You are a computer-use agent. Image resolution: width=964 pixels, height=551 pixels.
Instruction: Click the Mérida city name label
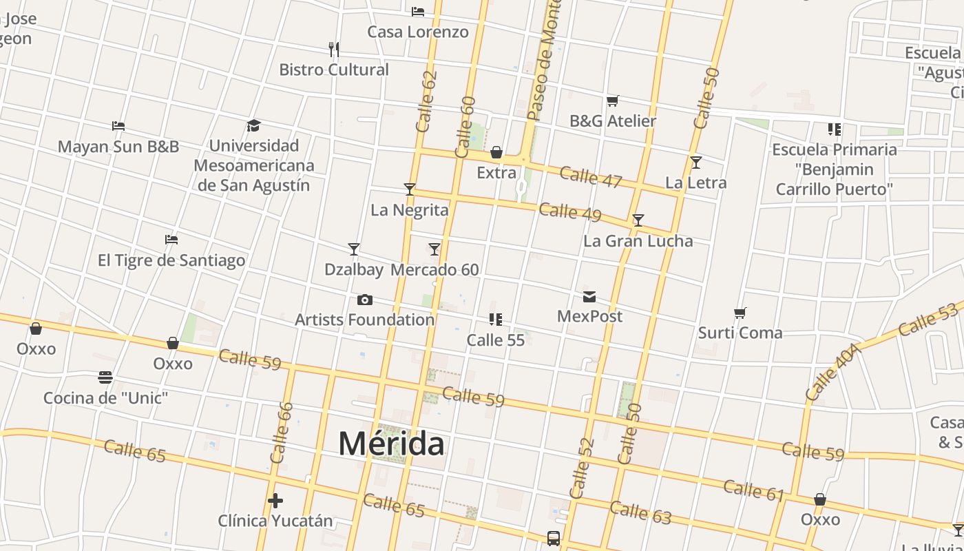391,444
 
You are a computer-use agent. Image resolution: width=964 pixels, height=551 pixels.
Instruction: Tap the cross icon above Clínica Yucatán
275,501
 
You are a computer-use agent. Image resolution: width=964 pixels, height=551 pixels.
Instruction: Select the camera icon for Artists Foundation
365,300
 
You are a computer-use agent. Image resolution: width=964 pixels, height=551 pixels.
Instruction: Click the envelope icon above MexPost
589,297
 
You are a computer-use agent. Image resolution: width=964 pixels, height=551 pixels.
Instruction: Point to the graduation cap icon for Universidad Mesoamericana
254,125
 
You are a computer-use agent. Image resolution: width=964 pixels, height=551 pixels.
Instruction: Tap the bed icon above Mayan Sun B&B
118,126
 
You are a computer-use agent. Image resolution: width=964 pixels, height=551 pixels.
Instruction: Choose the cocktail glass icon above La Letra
696,163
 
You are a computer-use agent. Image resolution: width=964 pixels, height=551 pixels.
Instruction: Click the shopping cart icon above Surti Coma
740,313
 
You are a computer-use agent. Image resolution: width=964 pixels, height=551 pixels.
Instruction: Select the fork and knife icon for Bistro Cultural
334,50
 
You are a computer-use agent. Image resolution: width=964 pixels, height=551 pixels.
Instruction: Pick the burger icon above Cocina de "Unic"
105,377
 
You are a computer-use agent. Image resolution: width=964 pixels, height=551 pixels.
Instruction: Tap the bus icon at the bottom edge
554,539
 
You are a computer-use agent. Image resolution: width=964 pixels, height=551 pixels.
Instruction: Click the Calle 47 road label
591,177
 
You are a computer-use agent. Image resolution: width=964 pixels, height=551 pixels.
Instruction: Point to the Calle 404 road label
832,372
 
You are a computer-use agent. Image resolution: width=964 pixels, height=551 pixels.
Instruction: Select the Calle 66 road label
282,433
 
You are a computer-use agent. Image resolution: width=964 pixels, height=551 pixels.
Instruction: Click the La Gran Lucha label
638,241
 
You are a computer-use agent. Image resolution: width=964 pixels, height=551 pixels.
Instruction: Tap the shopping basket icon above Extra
496,152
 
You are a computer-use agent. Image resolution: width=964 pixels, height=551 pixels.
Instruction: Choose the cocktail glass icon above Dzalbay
354,249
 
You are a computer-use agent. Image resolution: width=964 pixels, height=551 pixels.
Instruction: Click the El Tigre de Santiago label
171,260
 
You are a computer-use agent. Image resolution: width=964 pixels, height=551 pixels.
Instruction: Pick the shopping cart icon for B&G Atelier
612,101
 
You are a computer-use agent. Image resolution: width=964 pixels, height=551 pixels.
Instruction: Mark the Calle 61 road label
754,490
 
